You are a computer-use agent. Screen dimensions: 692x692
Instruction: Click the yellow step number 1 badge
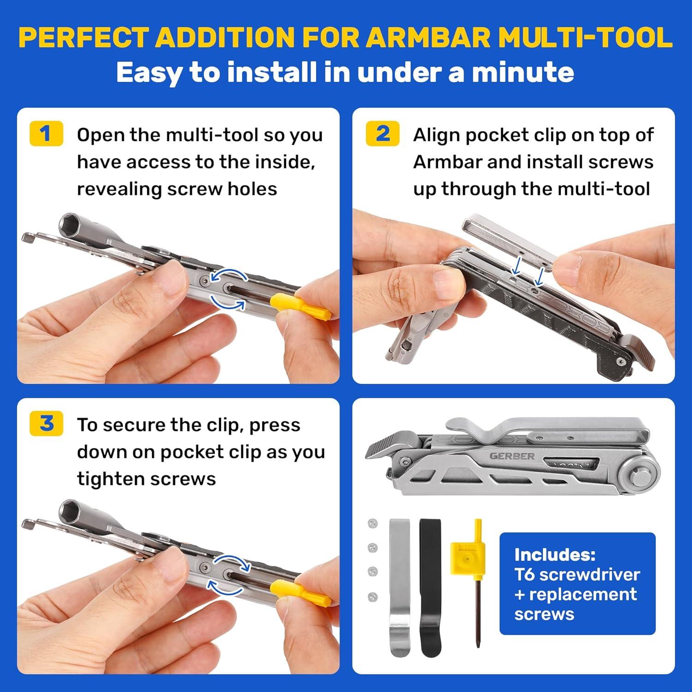[46, 134]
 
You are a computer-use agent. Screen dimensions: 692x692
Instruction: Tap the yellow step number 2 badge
[382, 134]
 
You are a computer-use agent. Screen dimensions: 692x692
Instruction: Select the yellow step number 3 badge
[46, 424]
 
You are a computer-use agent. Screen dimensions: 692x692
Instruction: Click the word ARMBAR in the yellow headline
[430, 37]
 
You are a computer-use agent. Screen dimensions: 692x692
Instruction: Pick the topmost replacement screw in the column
[373, 523]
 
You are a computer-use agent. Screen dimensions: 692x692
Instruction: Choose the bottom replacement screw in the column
[373, 597]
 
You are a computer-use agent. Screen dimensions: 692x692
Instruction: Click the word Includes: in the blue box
[555, 554]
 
